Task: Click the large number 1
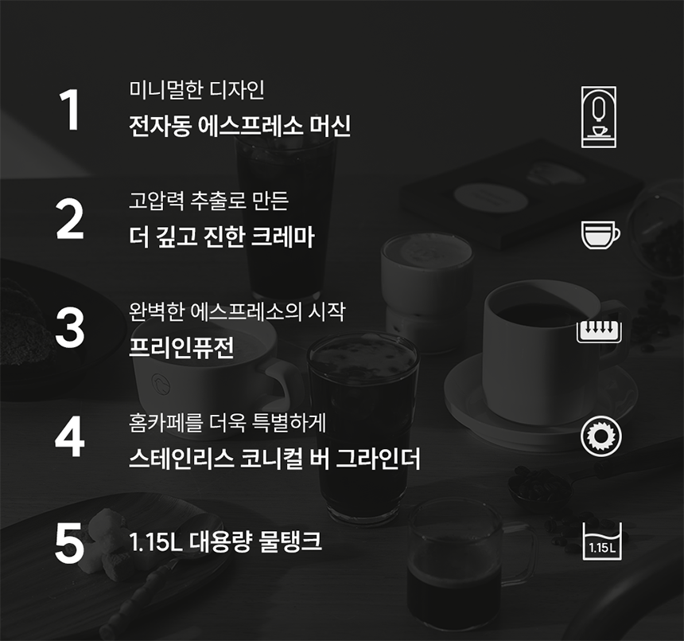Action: click(x=71, y=110)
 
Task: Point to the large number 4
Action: click(x=70, y=436)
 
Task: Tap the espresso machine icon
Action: click(x=599, y=116)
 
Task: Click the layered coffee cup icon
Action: click(x=600, y=235)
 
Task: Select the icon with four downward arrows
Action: click(x=599, y=331)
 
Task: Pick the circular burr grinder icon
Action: click(x=601, y=436)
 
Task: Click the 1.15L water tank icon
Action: click(x=602, y=541)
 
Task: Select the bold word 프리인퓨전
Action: click(x=181, y=347)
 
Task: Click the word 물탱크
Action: click(x=290, y=541)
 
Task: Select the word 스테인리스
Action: click(x=181, y=459)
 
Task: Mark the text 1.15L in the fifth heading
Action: click(x=156, y=542)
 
